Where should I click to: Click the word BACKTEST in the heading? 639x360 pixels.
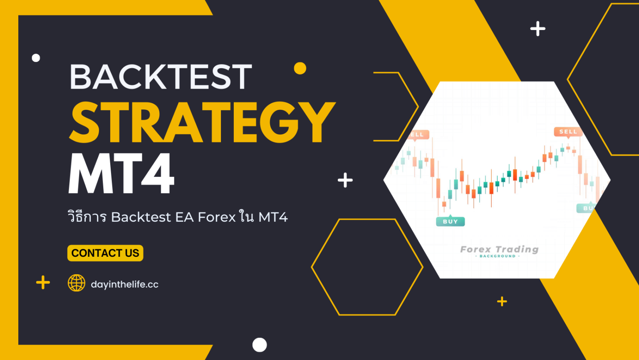click(x=161, y=77)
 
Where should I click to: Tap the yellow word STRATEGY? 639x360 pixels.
click(x=202, y=122)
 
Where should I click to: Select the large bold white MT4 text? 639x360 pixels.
click(x=121, y=174)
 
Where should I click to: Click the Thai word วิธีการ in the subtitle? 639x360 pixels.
click(x=87, y=217)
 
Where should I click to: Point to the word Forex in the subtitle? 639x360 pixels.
click(x=216, y=217)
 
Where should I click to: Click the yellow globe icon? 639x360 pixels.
click(x=77, y=283)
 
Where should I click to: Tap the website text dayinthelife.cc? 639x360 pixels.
click(x=124, y=284)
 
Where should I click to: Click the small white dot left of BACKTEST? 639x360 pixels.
click(x=36, y=58)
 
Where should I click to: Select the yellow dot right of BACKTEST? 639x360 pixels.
click(x=300, y=68)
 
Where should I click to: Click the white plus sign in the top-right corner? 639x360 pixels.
click(x=537, y=29)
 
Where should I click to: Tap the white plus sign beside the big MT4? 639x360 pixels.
click(x=345, y=180)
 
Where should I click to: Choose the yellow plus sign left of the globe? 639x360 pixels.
click(x=43, y=283)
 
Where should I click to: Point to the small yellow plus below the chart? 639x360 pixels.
click(x=502, y=301)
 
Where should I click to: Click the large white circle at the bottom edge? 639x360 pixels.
click(x=260, y=345)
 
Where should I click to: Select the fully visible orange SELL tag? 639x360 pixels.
click(x=568, y=132)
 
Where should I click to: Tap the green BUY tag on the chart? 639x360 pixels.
click(x=450, y=221)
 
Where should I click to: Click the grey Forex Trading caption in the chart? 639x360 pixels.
click(x=499, y=250)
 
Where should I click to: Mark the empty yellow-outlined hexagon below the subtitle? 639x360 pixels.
click(x=367, y=267)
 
